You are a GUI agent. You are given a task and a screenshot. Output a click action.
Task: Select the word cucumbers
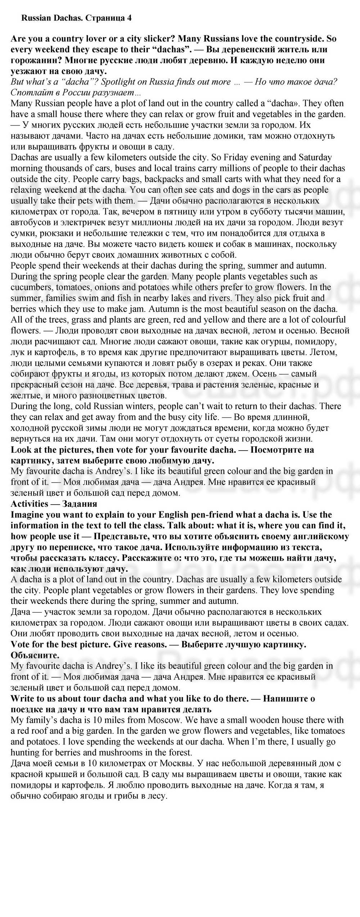30,287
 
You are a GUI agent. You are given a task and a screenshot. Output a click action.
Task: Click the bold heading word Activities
30,503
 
